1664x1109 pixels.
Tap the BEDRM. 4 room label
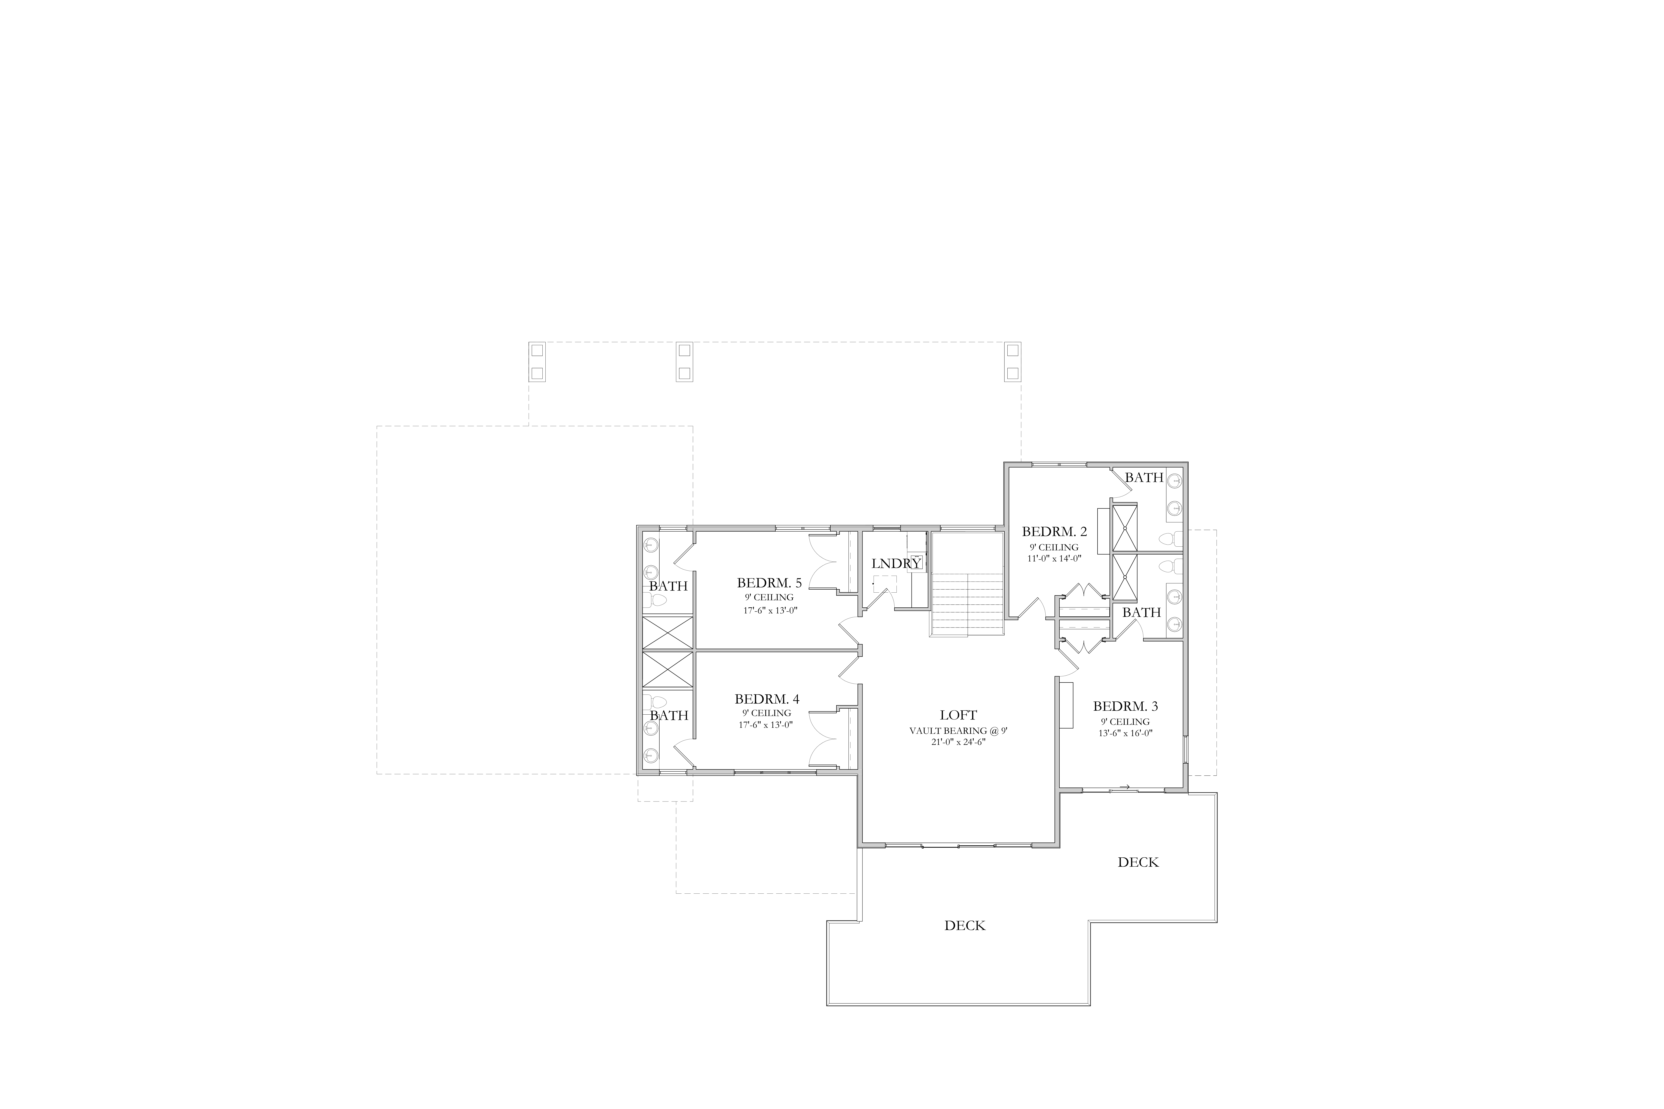(767, 699)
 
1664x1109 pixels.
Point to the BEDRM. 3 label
(1126, 706)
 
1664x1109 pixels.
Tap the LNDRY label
(896, 564)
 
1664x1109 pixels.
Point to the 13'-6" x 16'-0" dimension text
(1126, 733)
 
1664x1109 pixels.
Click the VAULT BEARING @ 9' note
(958, 731)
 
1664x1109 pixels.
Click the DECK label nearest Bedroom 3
(1138, 862)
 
